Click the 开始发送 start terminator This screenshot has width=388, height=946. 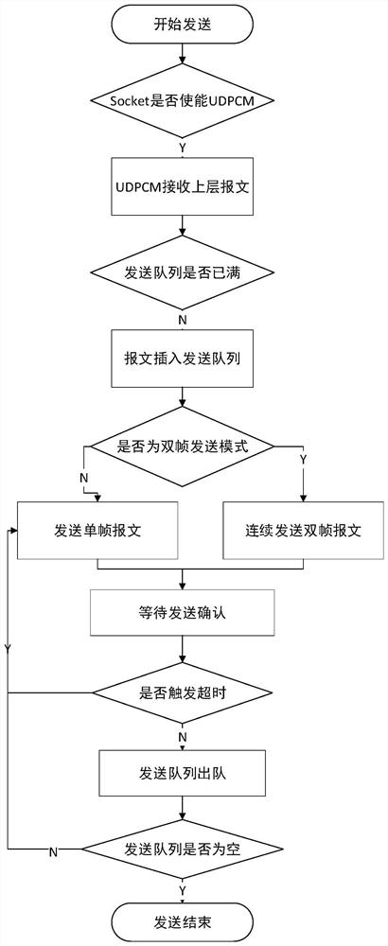182,26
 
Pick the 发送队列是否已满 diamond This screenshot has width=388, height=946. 182,272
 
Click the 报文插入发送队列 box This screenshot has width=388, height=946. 182,359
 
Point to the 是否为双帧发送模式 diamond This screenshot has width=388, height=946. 182,447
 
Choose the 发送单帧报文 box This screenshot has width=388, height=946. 97,531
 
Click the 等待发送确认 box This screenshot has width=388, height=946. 182,613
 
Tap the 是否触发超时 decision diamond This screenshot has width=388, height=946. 182,693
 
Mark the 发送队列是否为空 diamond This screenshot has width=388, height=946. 182,850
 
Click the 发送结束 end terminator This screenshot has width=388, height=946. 182,922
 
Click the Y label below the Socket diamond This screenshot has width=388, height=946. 183,146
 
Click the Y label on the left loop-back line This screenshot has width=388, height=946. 8,647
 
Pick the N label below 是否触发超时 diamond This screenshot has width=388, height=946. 183,738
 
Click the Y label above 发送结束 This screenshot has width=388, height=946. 183,891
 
